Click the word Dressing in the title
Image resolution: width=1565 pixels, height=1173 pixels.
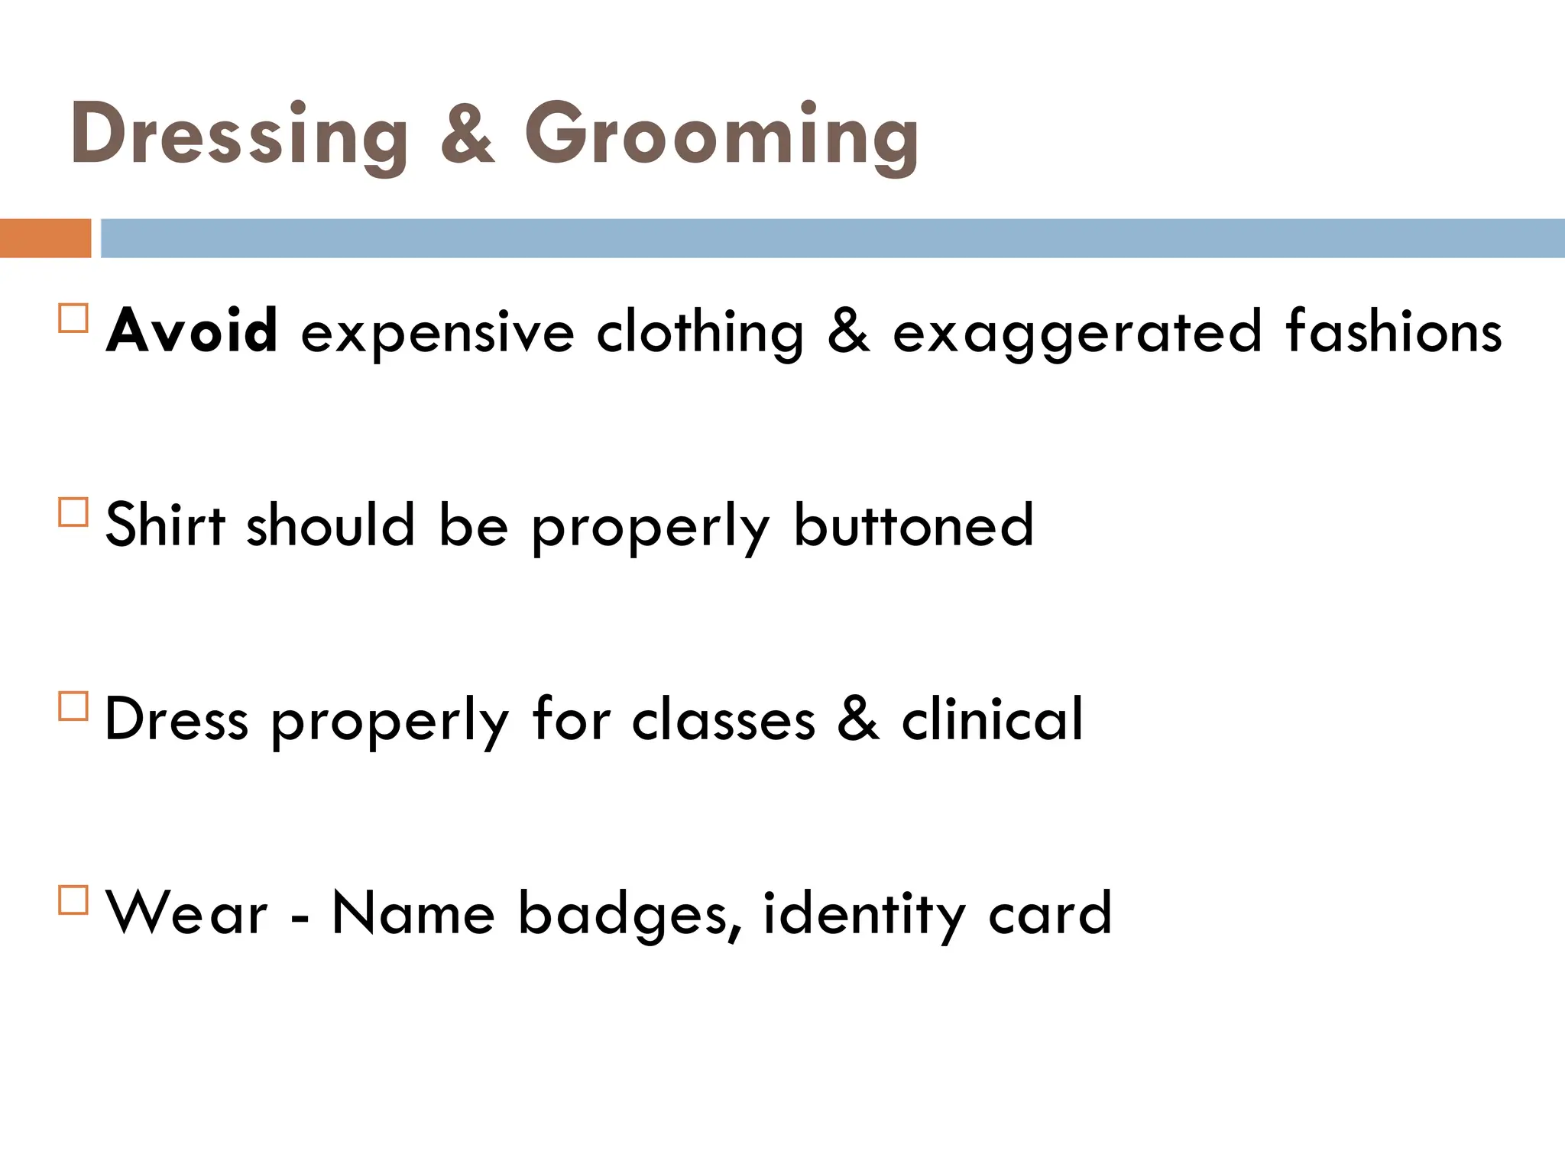239,135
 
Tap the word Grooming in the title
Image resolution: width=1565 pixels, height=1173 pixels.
721,135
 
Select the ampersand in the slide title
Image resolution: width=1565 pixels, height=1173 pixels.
468,135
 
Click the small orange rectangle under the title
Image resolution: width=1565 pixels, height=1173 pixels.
45,238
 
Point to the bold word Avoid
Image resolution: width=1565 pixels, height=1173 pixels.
192,331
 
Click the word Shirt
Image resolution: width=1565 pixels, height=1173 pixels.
165,525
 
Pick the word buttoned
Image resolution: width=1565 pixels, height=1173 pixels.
914,525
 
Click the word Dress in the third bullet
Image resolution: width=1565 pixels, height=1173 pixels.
177,719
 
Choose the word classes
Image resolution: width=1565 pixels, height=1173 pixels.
724,719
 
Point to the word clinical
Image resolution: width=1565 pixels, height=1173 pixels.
992,719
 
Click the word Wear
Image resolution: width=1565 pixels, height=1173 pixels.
187,913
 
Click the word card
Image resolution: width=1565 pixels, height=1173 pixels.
1050,913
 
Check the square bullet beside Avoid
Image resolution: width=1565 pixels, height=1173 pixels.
73,318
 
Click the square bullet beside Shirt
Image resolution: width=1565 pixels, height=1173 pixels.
73,512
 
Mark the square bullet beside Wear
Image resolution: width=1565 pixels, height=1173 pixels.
73,900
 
